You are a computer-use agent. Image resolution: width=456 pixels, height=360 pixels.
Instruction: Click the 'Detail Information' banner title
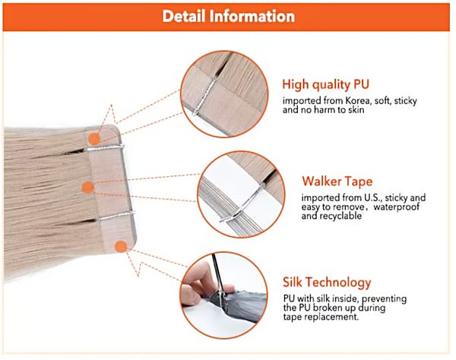229,16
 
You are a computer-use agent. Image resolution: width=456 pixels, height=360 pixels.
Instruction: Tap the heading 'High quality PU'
325,84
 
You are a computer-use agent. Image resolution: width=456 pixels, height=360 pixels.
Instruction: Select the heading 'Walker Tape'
337,182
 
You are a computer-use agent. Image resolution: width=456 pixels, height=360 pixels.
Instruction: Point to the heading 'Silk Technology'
327,283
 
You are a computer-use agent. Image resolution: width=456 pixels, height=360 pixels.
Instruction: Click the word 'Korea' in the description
358,101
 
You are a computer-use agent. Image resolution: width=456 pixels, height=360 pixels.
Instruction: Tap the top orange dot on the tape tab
94,139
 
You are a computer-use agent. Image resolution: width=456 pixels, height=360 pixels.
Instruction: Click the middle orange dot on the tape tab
88,188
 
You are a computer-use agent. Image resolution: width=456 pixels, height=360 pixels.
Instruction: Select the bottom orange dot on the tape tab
121,247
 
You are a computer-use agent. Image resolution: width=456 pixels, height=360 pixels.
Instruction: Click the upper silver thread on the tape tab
104,148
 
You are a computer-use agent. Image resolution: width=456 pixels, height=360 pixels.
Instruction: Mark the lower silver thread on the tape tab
116,216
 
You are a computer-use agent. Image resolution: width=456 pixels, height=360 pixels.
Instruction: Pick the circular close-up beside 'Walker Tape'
241,194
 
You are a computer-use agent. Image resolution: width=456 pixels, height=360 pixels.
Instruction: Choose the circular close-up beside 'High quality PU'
224,94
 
